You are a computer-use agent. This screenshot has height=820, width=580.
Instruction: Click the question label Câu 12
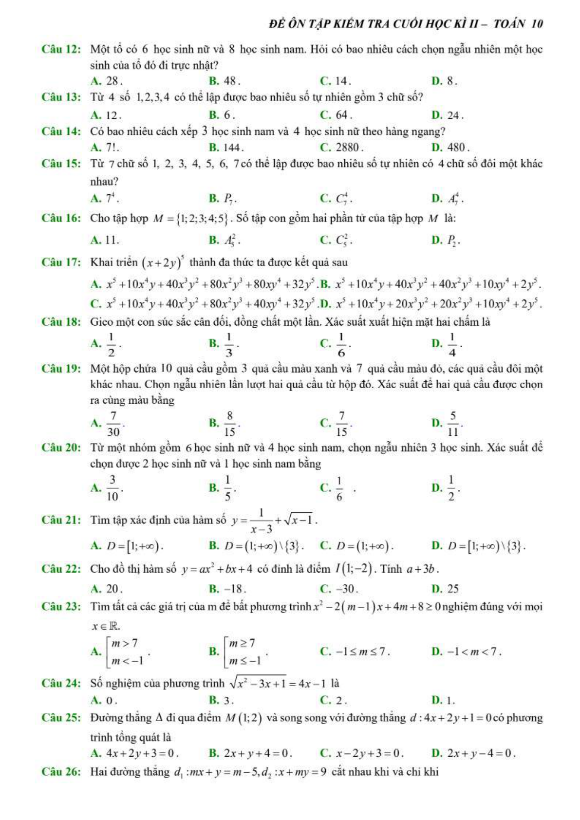pyautogui.click(x=61, y=50)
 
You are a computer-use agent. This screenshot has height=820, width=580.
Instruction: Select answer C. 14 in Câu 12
pyautogui.click(x=336, y=81)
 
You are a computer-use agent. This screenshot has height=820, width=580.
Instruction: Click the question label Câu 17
pyautogui.click(x=61, y=262)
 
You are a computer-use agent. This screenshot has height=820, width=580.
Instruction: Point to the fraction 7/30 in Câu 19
pyautogui.click(x=113, y=424)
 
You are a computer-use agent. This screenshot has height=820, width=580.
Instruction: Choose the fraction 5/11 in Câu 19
pyautogui.click(x=453, y=424)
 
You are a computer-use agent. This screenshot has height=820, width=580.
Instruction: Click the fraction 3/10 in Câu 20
pyautogui.click(x=112, y=488)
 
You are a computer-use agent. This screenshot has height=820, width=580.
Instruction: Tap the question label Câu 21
pyautogui.click(x=61, y=520)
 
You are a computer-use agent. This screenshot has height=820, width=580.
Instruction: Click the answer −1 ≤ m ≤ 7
pyautogui.click(x=355, y=652)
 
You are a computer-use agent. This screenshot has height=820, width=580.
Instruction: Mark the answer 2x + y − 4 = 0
pyautogui.click(x=473, y=753)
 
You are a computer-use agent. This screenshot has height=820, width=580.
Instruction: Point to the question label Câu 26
pyautogui.click(x=61, y=772)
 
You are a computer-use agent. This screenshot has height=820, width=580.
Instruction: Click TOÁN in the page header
pyautogui.click(x=509, y=24)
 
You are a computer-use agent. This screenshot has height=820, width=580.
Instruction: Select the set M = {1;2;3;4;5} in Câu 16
pyautogui.click(x=190, y=219)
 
